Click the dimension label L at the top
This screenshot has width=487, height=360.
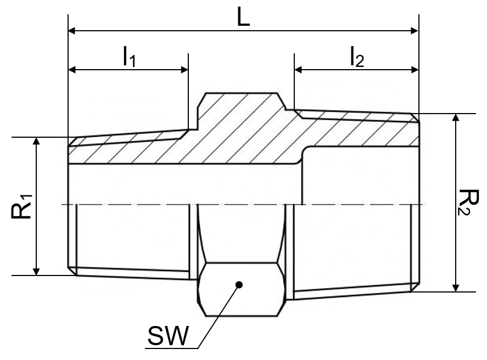coord(243,17)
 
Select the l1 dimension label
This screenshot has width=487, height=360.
coord(129,57)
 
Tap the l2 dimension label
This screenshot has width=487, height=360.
coord(357,57)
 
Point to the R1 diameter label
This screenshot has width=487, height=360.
coord(21,207)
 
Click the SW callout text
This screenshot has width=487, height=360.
coord(168,336)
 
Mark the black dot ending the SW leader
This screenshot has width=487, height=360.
coord(239,285)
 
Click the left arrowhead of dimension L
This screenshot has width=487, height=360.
coord(72,31)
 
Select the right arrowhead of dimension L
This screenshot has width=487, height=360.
coord(415,31)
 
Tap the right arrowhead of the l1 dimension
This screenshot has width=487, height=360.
coord(184,70)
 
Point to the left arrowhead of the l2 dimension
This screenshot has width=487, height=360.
coord(298,70)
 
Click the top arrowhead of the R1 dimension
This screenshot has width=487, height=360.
coord(36,141)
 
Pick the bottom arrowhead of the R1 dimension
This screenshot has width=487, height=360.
coord(36,271)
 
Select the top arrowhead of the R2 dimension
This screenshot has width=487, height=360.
coord(455,118)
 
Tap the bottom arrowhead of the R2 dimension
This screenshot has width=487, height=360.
coord(455,288)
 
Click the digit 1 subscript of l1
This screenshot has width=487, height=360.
coord(132,61)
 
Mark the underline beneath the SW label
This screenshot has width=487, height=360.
coord(171,348)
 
